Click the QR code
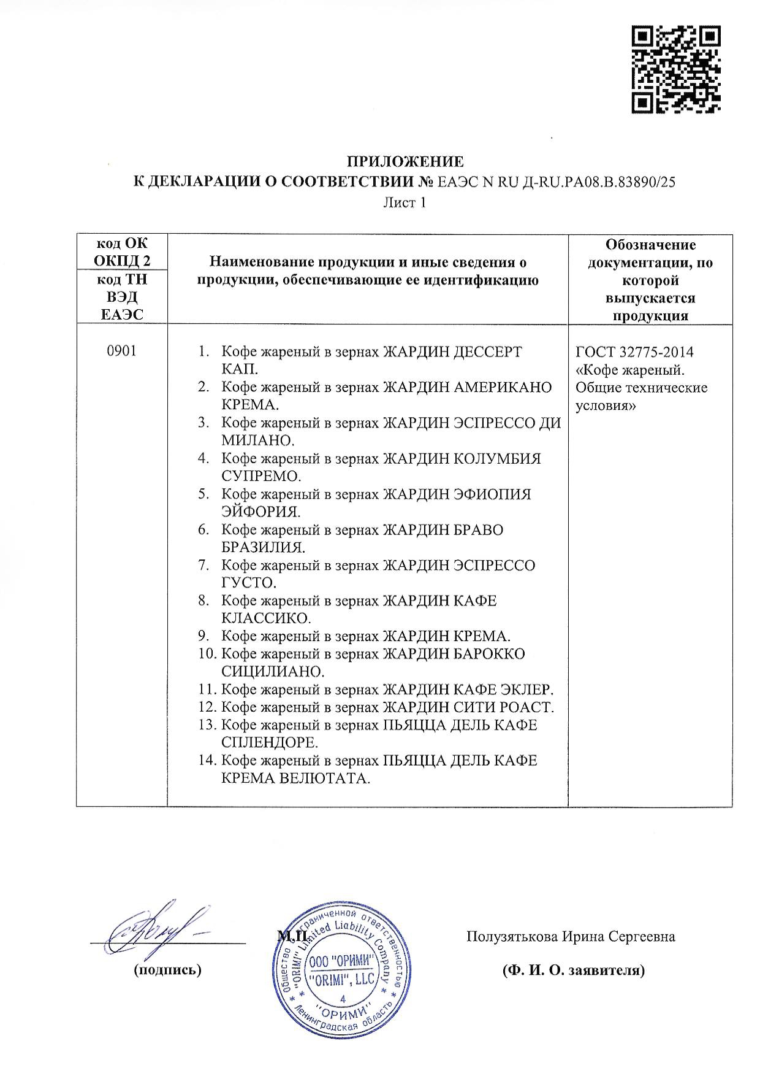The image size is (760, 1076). [x=676, y=70]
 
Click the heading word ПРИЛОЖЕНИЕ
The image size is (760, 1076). [x=406, y=162]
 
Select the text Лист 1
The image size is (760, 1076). [x=405, y=202]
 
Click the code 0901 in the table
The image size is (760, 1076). [x=121, y=352]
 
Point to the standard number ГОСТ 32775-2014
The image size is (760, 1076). [x=635, y=352]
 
